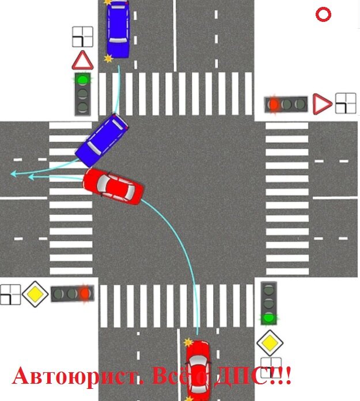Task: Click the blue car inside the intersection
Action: (102, 141)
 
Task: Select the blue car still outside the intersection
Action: (118, 29)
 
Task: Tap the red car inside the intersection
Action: (113, 186)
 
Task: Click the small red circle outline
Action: (323, 15)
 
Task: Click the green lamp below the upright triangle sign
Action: (83, 79)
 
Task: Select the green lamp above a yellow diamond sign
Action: (268, 318)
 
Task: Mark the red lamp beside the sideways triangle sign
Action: (274, 104)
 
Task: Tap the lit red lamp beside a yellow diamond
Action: (85, 294)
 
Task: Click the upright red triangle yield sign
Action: (82, 60)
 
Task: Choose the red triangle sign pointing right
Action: (321, 104)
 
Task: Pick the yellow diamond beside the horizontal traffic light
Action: (35, 294)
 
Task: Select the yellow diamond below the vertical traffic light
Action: (268, 343)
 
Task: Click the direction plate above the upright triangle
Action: (82, 37)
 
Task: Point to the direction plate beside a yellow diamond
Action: (10, 294)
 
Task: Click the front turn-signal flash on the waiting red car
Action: (188, 343)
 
